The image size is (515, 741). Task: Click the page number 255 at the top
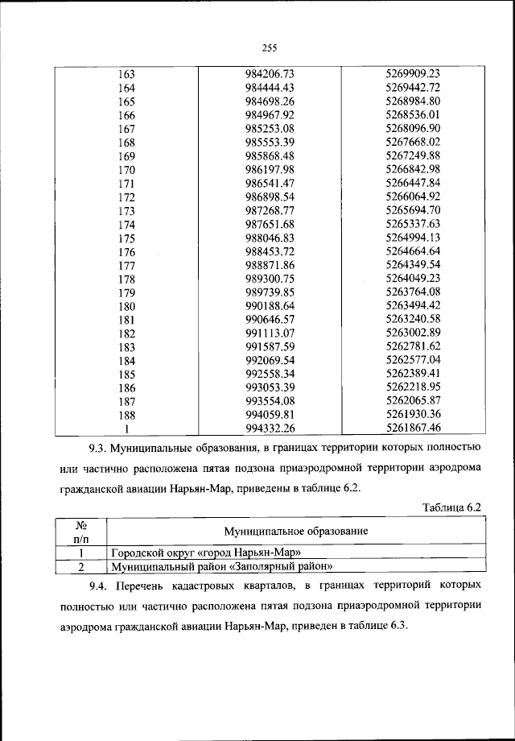coord(269,46)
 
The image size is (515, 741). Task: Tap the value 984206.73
coord(271,74)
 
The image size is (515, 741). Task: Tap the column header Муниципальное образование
coord(296,532)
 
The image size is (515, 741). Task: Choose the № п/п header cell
coord(81,532)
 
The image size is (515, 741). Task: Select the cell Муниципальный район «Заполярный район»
coord(221,567)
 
